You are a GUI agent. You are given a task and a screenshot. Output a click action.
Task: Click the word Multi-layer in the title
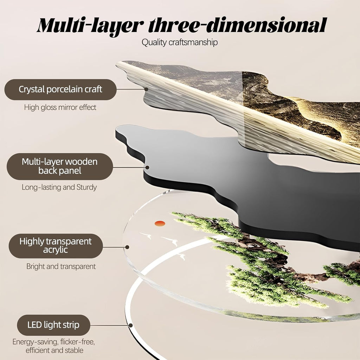91,26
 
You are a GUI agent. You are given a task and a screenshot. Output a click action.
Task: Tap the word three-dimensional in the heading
237,25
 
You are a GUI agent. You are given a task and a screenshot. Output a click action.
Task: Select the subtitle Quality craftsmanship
180,43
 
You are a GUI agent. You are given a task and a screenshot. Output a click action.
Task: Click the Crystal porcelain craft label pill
60,90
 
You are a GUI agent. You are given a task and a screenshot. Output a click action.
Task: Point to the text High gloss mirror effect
60,107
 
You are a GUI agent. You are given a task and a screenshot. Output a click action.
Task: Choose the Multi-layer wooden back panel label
60,166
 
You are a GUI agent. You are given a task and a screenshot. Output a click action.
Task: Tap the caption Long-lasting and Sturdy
59,187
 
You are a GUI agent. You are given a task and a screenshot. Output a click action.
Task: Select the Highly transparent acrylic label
56,246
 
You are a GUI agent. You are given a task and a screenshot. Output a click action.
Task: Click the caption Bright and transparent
61,266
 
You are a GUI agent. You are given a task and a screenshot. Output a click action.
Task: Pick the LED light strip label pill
53,325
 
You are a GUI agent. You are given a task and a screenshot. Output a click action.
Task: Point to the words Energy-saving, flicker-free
53,342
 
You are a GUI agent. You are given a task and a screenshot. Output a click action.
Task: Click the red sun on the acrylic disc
160,223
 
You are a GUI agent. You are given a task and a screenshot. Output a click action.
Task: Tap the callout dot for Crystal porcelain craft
146,89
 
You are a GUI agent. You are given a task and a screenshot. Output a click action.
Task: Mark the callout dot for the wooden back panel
147,167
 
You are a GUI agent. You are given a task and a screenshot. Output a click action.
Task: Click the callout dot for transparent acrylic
127,247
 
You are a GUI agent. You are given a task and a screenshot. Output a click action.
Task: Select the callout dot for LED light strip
131,325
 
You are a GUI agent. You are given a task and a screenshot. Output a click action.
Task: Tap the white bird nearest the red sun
146,235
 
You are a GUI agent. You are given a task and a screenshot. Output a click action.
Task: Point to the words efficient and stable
54,351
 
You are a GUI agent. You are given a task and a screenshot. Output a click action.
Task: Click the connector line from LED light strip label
110,325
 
